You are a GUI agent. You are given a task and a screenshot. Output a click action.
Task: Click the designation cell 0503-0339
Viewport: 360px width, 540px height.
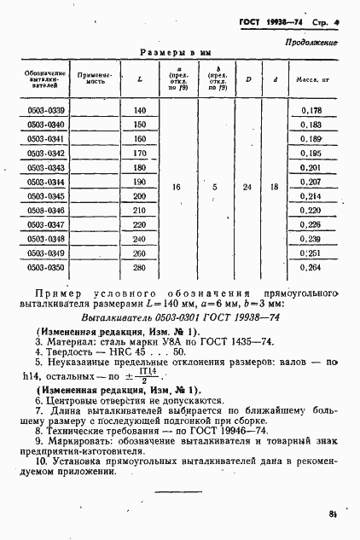click(x=41, y=111)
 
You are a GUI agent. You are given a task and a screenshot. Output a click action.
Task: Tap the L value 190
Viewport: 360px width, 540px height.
click(x=140, y=183)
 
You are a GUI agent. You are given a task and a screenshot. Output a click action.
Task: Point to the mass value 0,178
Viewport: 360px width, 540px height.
click(x=311, y=111)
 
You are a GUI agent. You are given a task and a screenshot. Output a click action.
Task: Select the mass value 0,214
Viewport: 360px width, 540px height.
click(x=311, y=196)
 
